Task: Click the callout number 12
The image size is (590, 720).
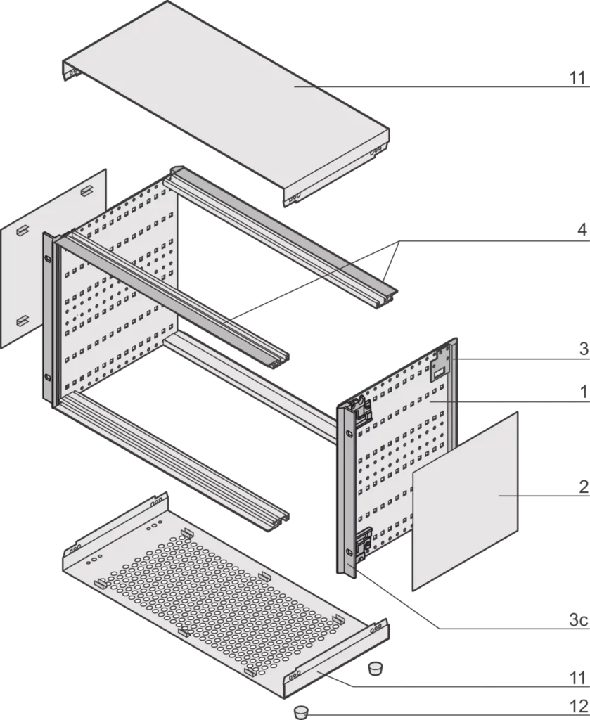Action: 579,706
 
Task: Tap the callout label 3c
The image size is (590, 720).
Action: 579,620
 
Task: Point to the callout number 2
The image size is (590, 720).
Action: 583,487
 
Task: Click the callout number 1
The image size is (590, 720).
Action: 584,392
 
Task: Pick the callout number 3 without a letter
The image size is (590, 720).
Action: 583,349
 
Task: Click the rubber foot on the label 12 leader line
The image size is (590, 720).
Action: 300,713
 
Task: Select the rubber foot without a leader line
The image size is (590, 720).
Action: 376,668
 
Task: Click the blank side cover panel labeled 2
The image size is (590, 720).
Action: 465,501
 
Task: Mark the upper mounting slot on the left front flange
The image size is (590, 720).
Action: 47,259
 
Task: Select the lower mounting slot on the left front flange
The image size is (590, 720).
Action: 47,378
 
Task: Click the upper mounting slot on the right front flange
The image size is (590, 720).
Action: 350,434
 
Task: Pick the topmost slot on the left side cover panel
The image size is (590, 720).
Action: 87,191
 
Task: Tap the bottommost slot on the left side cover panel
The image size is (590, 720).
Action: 22,321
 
